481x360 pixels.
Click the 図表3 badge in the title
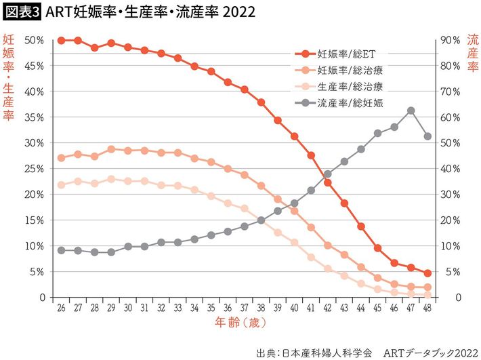click(x=21, y=12)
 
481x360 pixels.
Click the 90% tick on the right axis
click(x=451, y=40)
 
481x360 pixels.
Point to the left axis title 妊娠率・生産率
click(x=9, y=78)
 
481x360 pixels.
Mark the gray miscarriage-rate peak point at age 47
click(x=411, y=111)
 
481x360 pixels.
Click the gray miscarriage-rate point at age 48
click(x=427, y=136)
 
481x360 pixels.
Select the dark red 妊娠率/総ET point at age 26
click(x=61, y=41)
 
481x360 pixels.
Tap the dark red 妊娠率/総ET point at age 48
click(x=427, y=273)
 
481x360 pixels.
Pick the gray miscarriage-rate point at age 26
click(x=61, y=250)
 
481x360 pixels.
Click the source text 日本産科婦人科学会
click(x=330, y=353)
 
